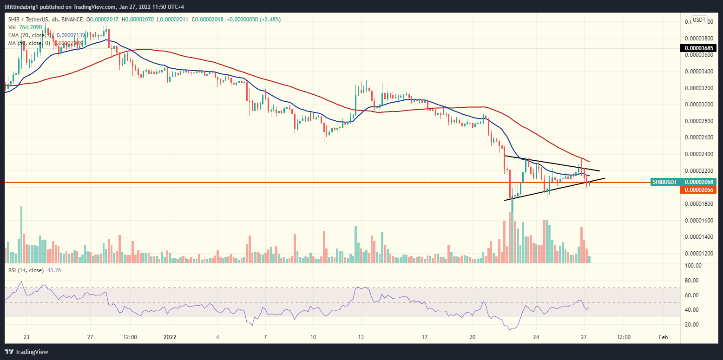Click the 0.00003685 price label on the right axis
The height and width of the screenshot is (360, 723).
pyautogui.click(x=701, y=48)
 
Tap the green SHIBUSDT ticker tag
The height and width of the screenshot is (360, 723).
pyautogui.click(x=664, y=182)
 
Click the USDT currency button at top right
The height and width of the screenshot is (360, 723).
pyautogui.click(x=699, y=20)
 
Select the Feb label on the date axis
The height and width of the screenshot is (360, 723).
pyautogui.click(x=664, y=337)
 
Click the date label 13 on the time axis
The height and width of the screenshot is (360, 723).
pyautogui.click(x=359, y=337)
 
